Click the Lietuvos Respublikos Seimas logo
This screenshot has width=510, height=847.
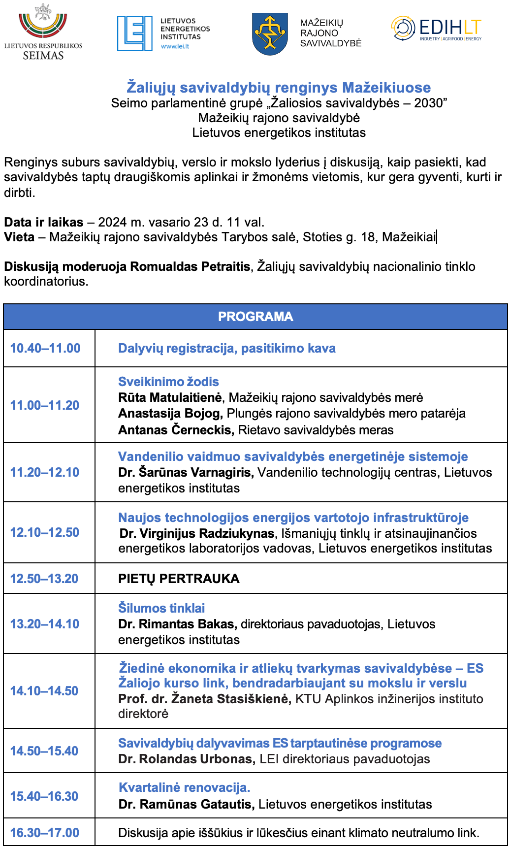tap(43, 32)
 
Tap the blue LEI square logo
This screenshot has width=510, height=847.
tap(134, 33)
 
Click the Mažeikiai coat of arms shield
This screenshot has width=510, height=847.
tap(270, 34)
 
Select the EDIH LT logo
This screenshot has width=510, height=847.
tap(436, 29)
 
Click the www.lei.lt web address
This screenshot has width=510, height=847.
tap(175, 47)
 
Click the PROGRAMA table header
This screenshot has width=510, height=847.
tap(255, 317)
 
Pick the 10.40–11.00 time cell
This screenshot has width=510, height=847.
tap(45, 348)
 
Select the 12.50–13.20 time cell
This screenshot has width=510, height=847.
tap(44, 579)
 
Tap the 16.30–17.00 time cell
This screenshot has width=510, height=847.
tap(45, 833)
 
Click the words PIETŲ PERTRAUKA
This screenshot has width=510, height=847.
tap(179, 579)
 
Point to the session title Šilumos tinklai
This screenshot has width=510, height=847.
tap(161, 608)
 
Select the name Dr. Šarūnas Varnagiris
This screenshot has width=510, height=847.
tap(186, 472)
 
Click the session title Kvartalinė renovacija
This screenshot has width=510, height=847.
tap(185, 787)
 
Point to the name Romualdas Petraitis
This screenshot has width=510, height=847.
tap(190, 267)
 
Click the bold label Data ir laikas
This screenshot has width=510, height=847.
tap(44, 222)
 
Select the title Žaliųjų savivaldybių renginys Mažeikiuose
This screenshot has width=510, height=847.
tap(279, 88)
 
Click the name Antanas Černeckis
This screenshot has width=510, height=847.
tap(175, 430)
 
